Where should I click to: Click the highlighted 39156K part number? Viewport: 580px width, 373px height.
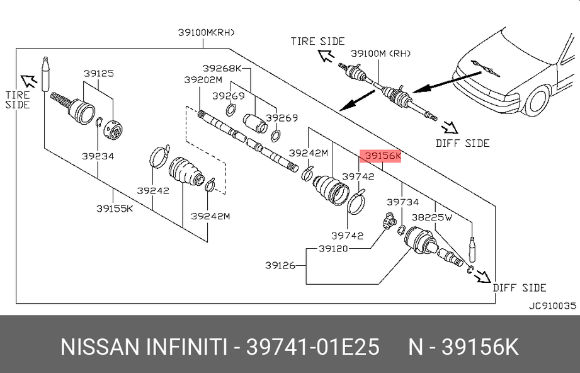[383, 156]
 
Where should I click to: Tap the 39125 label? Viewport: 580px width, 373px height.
[98, 73]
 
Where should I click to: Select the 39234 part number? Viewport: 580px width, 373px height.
[98, 156]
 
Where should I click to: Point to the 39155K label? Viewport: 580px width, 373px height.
[115, 209]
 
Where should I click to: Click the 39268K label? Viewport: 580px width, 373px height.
[222, 68]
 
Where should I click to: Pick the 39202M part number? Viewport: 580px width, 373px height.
[203, 79]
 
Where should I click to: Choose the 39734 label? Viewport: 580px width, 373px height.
[402, 202]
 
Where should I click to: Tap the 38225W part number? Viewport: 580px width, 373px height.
[431, 217]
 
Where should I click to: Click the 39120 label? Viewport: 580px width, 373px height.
[333, 249]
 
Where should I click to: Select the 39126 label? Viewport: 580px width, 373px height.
[280, 265]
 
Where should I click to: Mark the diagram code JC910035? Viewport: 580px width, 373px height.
[552, 306]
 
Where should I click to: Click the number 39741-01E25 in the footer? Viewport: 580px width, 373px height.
[312, 347]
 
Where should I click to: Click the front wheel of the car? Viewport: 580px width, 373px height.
[537, 101]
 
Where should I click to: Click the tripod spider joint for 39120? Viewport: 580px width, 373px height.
[389, 221]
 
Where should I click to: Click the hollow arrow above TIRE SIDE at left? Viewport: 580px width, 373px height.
[29, 80]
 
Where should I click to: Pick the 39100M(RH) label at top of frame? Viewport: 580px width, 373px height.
[207, 33]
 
